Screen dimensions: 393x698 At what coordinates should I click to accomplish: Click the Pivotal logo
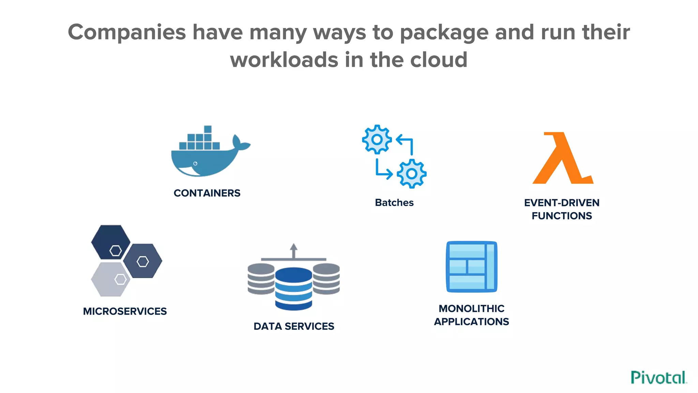658,378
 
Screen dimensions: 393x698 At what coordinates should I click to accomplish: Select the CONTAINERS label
207,193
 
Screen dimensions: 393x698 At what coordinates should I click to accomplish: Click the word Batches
394,203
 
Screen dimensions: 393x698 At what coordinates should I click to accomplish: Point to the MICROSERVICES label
125,311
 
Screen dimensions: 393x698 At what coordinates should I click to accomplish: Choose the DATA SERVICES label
294,326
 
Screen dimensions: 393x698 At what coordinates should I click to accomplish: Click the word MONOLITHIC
471,308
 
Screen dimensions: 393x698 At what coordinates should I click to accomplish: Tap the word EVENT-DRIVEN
562,203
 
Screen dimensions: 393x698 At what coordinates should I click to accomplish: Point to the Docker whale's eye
195,164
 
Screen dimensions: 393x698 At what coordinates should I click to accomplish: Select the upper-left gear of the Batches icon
377,139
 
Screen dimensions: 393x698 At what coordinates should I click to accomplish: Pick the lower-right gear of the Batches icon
412,174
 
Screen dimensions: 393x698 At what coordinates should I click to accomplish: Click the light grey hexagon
110,279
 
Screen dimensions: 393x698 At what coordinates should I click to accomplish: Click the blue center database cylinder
293,289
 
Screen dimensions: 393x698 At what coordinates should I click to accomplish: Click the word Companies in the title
127,32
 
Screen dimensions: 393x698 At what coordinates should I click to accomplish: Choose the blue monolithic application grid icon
471,267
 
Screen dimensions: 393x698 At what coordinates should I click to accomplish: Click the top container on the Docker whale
208,129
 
